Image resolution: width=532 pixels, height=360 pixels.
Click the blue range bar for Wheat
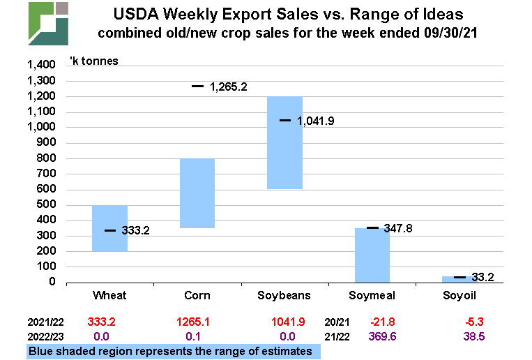click(109, 228)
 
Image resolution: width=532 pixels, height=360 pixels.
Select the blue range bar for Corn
click(197, 193)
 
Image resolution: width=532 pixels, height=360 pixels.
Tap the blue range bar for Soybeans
click(285, 142)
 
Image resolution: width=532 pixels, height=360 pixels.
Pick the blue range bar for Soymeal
click(372, 255)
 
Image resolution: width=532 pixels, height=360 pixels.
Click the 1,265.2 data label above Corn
click(229, 87)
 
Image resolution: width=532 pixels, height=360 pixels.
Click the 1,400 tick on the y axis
click(40, 65)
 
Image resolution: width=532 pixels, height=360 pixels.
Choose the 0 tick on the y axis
click(52, 283)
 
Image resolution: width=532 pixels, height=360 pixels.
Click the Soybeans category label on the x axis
click(284, 297)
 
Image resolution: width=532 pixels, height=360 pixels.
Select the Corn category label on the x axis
click(197, 297)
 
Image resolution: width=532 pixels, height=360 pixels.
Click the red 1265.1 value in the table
click(197, 324)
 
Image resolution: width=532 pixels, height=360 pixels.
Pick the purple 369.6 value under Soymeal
click(381, 336)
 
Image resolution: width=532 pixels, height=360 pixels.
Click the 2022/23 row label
click(46, 336)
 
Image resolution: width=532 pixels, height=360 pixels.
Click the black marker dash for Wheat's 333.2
click(110, 230)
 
